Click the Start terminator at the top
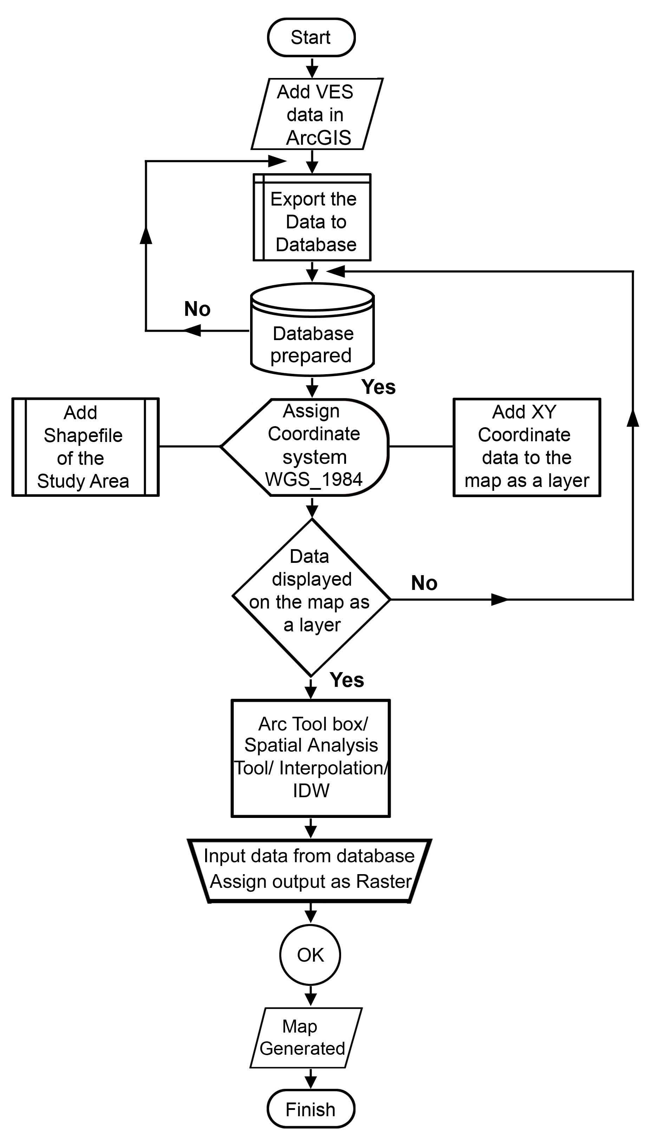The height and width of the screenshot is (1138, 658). (311, 38)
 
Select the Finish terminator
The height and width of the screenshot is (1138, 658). (311, 1109)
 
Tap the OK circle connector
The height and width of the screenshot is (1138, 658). (310, 955)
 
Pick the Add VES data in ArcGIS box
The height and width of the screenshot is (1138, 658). (317, 114)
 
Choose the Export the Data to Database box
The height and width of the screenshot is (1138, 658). (312, 217)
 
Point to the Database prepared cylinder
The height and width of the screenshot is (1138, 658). (312, 330)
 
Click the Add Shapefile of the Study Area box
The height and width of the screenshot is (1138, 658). (85, 447)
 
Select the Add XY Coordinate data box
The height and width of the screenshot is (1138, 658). (527, 447)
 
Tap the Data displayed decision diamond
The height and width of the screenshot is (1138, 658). (311, 597)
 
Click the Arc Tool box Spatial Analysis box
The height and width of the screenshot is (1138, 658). (311, 758)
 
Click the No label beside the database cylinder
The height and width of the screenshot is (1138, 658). (197, 309)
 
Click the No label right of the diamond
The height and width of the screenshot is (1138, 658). (424, 583)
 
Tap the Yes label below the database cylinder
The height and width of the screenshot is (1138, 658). (378, 387)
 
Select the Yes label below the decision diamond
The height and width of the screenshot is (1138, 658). (347, 679)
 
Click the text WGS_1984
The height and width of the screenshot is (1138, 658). (313, 479)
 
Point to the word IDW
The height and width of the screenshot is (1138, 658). (311, 790)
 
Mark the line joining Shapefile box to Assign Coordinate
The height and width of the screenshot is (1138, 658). (190, 446)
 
